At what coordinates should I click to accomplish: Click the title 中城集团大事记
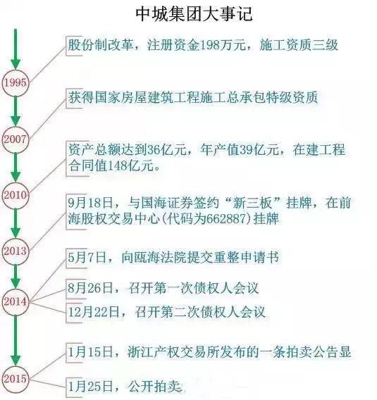(x=194, y=14)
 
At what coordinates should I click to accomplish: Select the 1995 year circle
(x=16, y=82)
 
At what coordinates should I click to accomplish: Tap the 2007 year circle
(x=16, y=139)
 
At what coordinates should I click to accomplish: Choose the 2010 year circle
(x=16, y=195)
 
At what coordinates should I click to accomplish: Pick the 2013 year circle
(x=16, y=251)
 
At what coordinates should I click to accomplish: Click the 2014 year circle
(x=16, y=302)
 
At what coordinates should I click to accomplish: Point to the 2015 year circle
(x=16, y=378)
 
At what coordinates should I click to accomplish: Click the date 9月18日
(x=90, y=203)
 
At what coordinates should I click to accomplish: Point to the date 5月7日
(x=87, y=257)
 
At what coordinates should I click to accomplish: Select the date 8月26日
(x=90, y=288)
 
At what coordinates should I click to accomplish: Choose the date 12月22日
(x=94, y=312)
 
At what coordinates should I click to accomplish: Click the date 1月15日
(x=90, y=352)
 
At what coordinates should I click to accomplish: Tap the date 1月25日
(x=90, y=387)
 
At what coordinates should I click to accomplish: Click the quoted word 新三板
(x=252, y=203)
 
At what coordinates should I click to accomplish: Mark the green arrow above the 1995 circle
(x=16, y=49)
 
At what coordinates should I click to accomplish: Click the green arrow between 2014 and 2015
(x=16, y=340)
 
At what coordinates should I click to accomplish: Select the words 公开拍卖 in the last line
(x=155, y=387)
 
